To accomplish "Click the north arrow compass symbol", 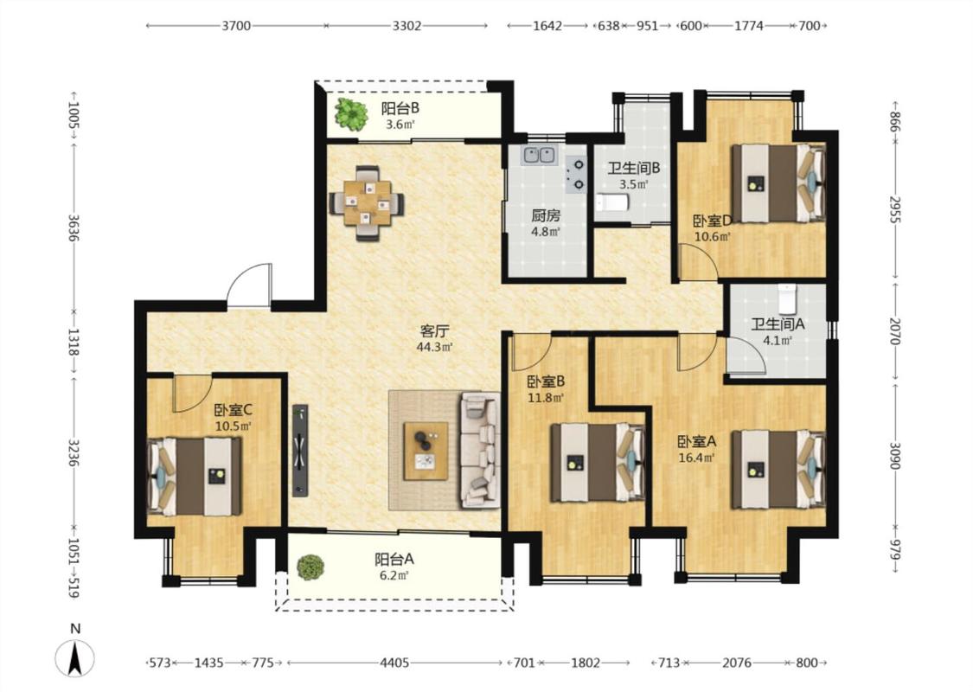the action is [x=75, y=657].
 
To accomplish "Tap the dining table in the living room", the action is [x=367, y=202].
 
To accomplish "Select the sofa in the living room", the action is [x=480, y=450].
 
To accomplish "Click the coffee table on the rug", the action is [x=426, y=452].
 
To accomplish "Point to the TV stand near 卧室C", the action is [x=300, y=450].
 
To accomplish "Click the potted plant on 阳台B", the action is [x=351, y=114].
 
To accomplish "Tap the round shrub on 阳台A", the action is [x=310, y=567].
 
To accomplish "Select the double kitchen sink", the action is [x=539, y=155].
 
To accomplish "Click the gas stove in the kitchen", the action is [x=577, y=175].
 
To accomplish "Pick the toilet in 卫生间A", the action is [x=787, y=298].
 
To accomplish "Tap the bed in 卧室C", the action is [x=195, y=476].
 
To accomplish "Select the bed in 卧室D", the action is [x=778, y=183].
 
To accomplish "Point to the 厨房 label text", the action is [x=546, y=216].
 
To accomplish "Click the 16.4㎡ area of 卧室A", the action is [x=697, y=458].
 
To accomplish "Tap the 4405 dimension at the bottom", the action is [x=394, y=663].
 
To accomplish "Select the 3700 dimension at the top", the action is [x=236, y=25].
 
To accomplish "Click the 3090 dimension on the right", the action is [x=894, y=456].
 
